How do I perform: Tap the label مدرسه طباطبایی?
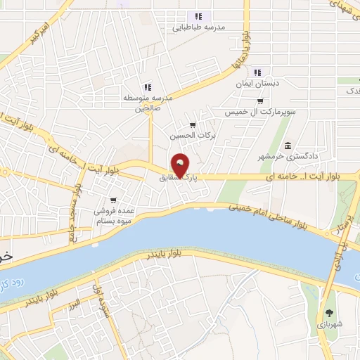[x=199, y=27]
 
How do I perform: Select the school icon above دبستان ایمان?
[x=257, y=72]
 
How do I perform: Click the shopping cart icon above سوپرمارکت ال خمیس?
[x=260, y=101]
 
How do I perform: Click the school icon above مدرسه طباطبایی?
[x=199, y=17]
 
